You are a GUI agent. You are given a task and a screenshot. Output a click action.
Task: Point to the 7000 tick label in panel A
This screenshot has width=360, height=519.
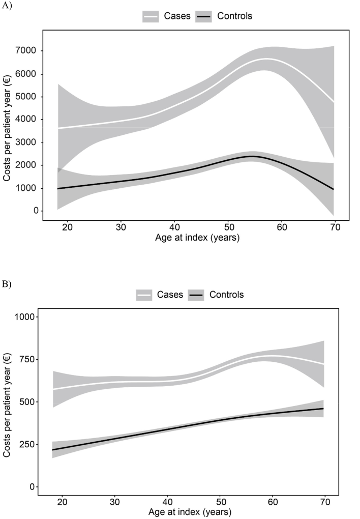(x=32, y=51)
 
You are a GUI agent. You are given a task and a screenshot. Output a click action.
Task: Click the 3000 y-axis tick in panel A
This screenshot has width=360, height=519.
(x=32, y=142)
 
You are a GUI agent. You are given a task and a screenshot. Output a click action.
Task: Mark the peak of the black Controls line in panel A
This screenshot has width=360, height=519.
(x=251, y=156)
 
